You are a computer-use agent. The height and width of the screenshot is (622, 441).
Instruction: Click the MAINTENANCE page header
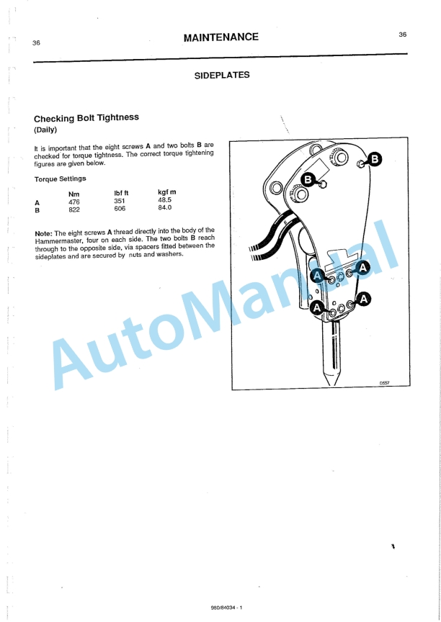point(220,37)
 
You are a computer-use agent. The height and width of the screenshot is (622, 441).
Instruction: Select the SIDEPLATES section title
point(222,75)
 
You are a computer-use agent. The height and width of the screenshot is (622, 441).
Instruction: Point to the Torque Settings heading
point(60,179)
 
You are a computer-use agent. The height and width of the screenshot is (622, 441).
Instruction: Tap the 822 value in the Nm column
point(73,210)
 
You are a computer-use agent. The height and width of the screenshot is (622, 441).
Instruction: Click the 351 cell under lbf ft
point(120,202)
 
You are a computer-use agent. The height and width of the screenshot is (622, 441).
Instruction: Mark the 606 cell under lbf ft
point(120,209)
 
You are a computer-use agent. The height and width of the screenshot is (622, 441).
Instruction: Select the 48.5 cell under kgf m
point(166,201)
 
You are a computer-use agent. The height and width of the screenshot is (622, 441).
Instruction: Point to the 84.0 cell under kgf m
point(166,208)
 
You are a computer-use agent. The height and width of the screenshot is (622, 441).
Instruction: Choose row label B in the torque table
point(37,211)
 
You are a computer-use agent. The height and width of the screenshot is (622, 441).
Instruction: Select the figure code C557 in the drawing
point(384,384)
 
